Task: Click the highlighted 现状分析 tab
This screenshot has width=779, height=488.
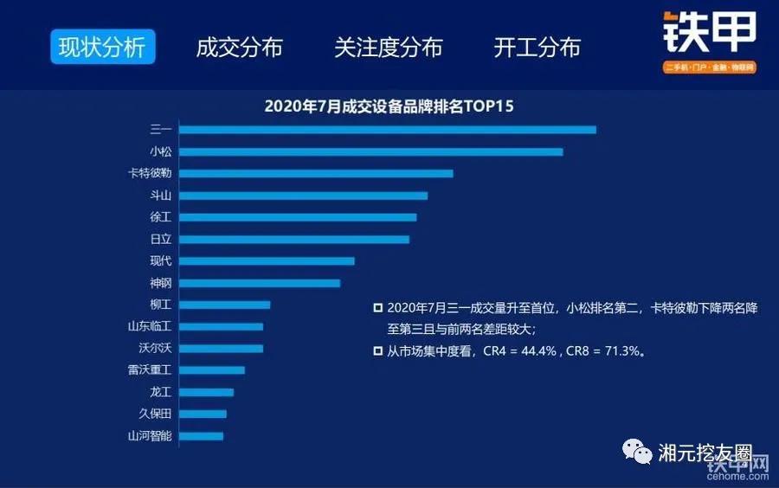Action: point(102,47)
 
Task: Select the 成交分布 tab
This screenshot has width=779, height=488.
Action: point(239,48)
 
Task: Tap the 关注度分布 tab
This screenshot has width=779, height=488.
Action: point(389,48)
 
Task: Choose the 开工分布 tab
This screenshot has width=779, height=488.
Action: point(537,48)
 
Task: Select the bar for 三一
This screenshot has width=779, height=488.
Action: point(388,130)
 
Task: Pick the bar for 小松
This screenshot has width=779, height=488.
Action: point(371,152)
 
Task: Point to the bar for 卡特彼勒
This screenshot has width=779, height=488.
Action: point(317,174)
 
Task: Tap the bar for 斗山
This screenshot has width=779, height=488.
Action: point(304,196)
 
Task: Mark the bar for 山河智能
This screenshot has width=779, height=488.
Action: point(202,435)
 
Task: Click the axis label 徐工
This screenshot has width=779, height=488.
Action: point(161,217)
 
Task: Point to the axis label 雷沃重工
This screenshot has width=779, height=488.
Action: point(150,370)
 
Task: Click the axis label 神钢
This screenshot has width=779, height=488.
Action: point(161,283)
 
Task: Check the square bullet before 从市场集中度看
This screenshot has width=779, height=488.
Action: point(377,350)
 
